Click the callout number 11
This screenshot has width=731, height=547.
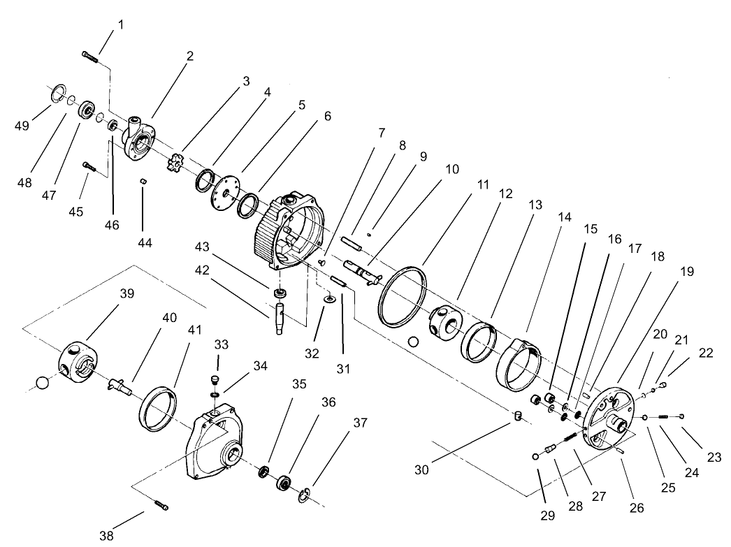click(483, 185)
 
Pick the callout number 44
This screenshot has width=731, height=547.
click(144, 242)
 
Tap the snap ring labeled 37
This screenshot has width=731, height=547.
click(304, 496)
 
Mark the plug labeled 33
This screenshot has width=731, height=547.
click(215, 379)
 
